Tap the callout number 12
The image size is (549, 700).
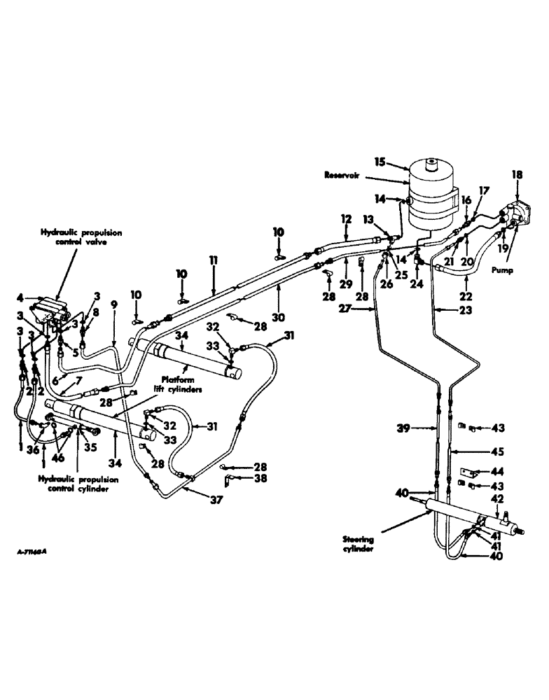pos(345,219)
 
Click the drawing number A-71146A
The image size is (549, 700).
pos(36,552)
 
